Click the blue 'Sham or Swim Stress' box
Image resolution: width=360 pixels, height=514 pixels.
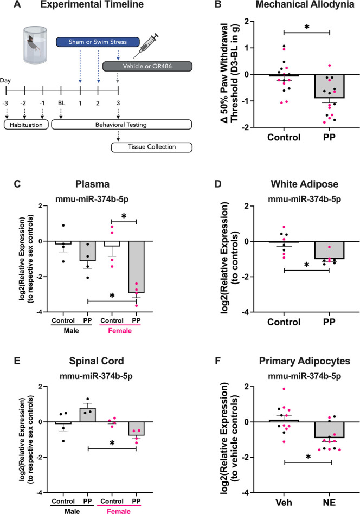click(98, 41)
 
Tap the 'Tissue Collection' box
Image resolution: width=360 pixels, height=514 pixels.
click(151, 146)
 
